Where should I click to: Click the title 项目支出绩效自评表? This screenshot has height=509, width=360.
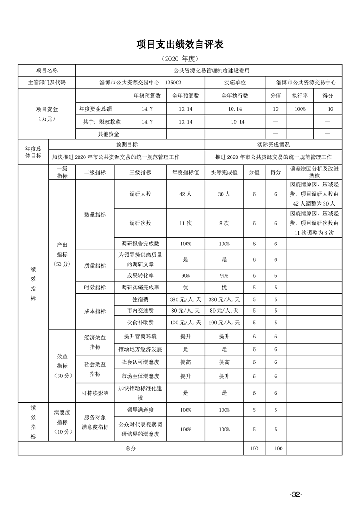point(180,44)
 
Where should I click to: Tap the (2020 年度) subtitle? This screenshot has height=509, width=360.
point(180,59)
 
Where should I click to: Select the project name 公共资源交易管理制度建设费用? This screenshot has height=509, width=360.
point(212,71)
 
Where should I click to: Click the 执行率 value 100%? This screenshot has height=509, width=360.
point(300,109)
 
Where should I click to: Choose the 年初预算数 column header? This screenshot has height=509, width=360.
point(147,96)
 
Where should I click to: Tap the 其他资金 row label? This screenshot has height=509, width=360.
point(108,134)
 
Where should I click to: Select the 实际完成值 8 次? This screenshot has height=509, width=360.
point(224,223)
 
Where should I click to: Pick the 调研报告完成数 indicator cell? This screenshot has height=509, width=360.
point(140,244)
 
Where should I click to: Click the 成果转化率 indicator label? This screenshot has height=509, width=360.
point(140,275)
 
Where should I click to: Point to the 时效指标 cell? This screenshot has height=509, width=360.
point(95,288)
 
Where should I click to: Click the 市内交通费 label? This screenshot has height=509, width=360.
point(140,311)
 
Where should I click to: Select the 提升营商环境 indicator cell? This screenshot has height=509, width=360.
point(140,337)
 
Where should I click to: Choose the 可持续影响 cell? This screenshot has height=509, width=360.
point(95,393)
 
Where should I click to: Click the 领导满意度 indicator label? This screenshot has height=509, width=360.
point(140,410)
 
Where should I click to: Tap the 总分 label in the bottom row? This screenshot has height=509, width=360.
point(131,448)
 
